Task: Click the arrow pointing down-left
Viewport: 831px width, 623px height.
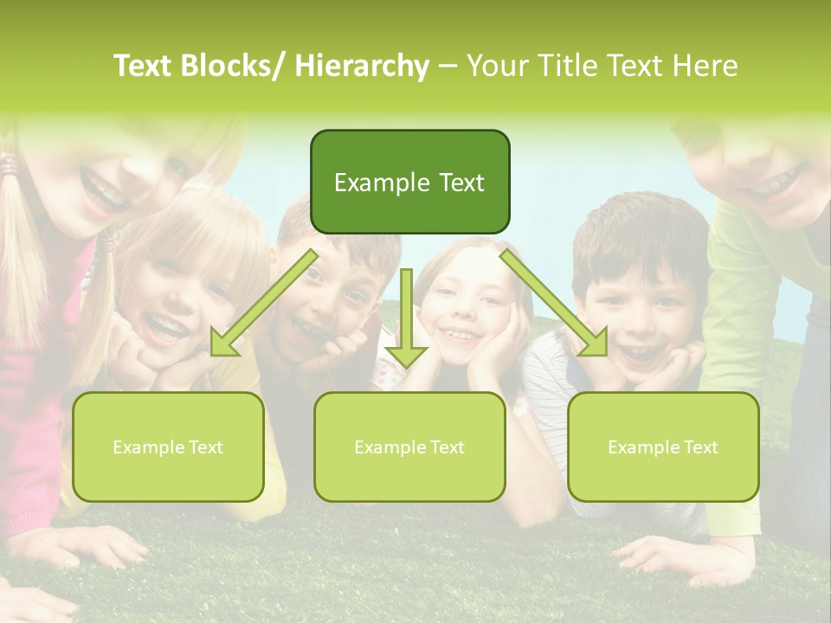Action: click(265, 303)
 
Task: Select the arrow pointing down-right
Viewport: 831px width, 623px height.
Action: click(553, 303)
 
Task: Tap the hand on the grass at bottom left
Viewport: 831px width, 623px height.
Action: click(95, 545)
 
